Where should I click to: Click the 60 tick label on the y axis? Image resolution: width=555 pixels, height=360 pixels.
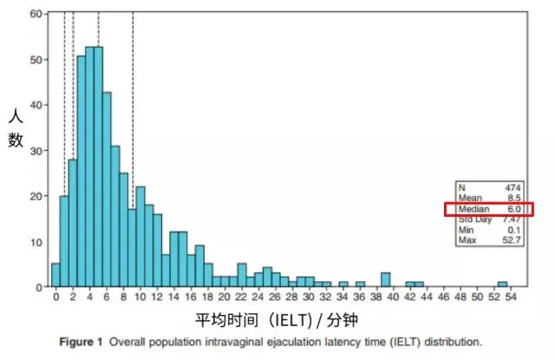coord(36,15)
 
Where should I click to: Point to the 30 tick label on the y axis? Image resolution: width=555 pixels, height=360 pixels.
coord(36,150)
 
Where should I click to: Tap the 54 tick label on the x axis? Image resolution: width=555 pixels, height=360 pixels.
coord(510,298)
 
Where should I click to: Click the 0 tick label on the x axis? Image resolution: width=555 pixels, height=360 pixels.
coord(55,298)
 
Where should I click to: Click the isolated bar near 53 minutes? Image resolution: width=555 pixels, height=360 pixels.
coord(502,284)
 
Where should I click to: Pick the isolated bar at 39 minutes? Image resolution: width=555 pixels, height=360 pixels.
coord(384,279)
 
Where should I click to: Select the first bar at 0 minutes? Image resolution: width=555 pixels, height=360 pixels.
coord(55,275)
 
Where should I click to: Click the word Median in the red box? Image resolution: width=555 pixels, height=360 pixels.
coord(474,209)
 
